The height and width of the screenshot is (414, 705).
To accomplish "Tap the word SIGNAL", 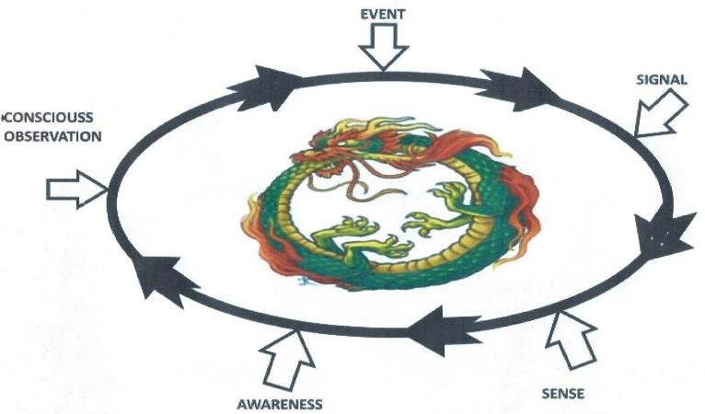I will pyautogui.click(x=661, y=80).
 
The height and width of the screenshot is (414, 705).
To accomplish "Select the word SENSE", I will pyautogui.click(x=563, y=395).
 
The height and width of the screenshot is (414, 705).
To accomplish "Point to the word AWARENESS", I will pyautogui.click(x=280, y=404).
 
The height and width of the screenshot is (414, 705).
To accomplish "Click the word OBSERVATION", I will pyautogui.click(x=51, y=135).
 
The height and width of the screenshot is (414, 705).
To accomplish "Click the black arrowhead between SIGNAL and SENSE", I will pyautogui.click(x=666, y=234).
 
